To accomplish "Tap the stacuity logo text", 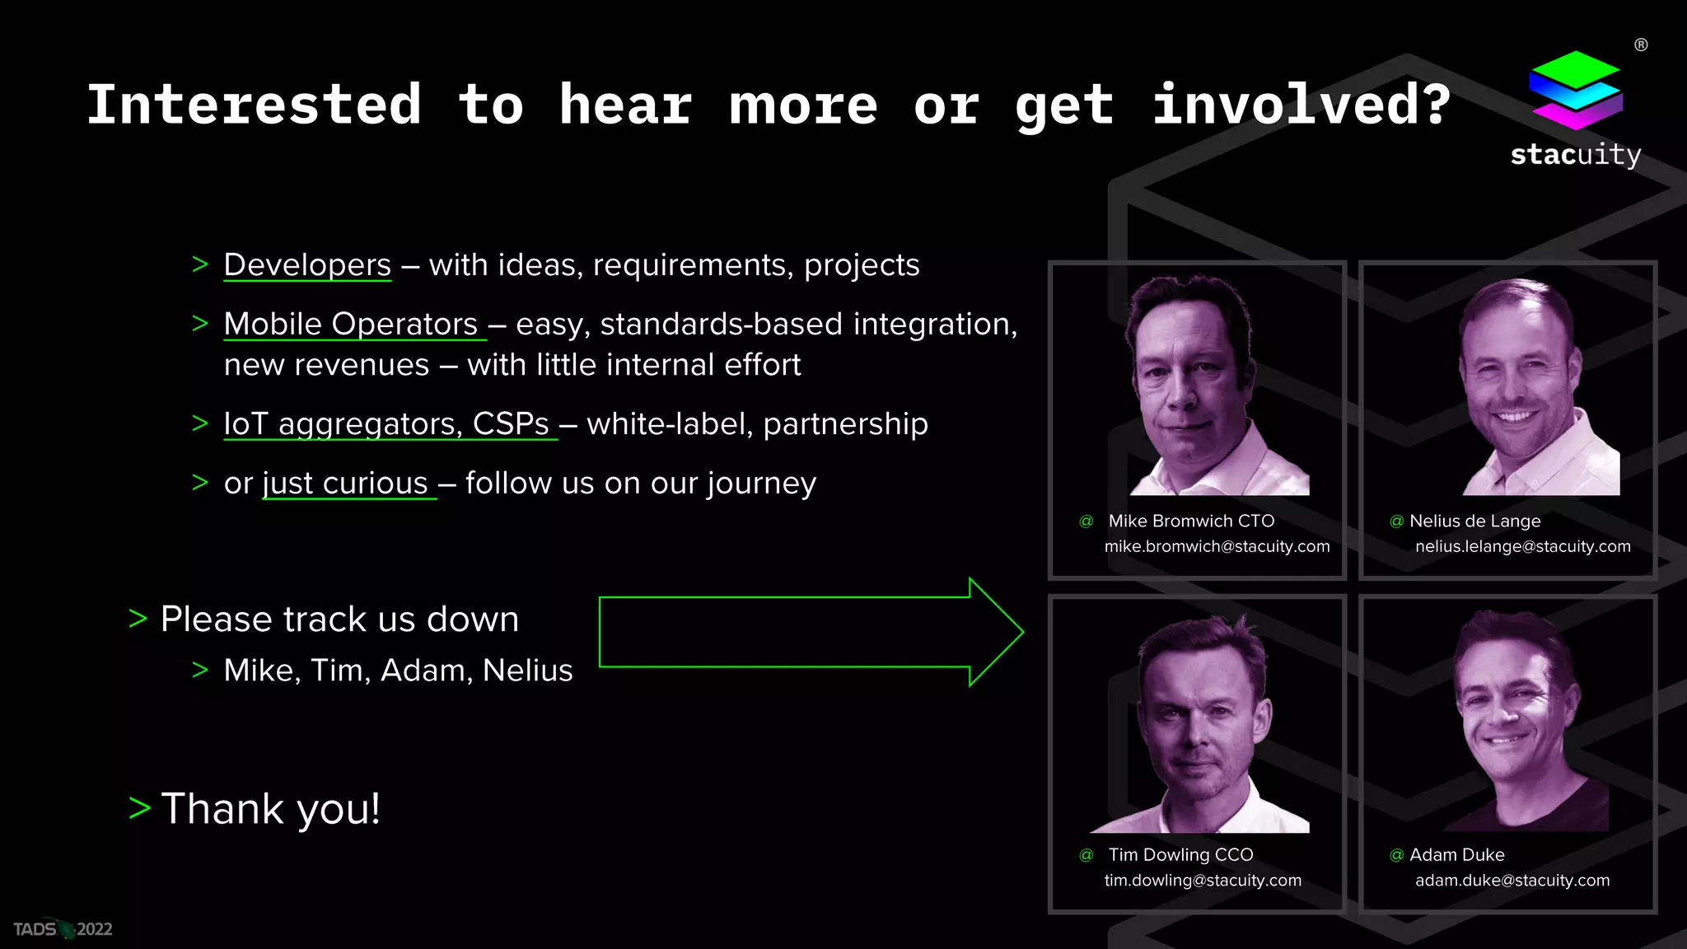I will [1575, 155].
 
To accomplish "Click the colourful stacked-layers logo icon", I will [1575, 90].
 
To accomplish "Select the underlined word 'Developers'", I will [307, 265].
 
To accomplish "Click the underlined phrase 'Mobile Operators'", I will [351, 325].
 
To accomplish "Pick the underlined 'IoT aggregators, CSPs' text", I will [386, 424].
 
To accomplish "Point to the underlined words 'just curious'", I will [346, 484].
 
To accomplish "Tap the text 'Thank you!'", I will [271, 809].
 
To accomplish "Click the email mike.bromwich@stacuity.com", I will [1217, 547].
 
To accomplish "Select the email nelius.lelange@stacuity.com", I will [1522, 547].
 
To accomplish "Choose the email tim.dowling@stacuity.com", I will [1203, 881].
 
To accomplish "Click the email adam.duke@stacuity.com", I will [1512, 881].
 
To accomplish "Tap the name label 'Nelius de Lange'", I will [1474, 521].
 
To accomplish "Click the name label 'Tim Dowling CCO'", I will [1180, 855].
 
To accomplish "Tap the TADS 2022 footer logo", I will [63, 929].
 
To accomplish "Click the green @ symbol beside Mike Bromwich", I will [1087, 521].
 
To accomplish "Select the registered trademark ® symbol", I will [1641, 45].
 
